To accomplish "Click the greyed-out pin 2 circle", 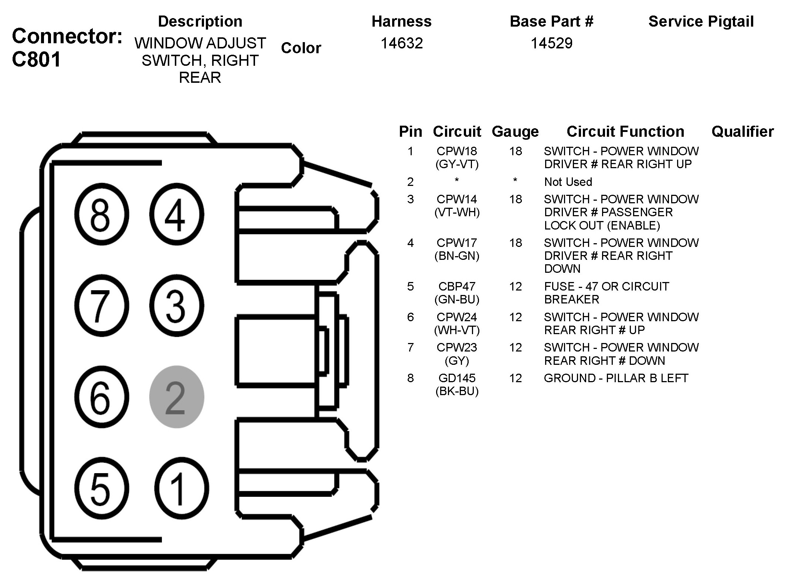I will point(176,397).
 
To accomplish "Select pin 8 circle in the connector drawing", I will point(101,214).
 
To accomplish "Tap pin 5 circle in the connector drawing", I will point(101,488).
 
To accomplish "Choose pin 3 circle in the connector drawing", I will point(176,305).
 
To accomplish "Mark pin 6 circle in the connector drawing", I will point(101,397).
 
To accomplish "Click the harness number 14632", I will point(401,43).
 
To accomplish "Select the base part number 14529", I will point(551,43).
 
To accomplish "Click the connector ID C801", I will point(36,60).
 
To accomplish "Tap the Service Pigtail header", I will point(701,21).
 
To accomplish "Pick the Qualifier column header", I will point(742,132).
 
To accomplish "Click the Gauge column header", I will point(515,132).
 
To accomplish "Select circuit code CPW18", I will point(457,151).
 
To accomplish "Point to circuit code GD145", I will point(457,378).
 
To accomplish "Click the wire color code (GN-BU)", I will point(457,299).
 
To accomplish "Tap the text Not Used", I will point(568,182).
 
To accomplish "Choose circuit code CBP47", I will point(457,286).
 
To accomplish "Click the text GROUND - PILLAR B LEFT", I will point(616,378).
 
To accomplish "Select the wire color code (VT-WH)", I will point(457,213).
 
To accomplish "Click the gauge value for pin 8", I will point(515,378).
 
